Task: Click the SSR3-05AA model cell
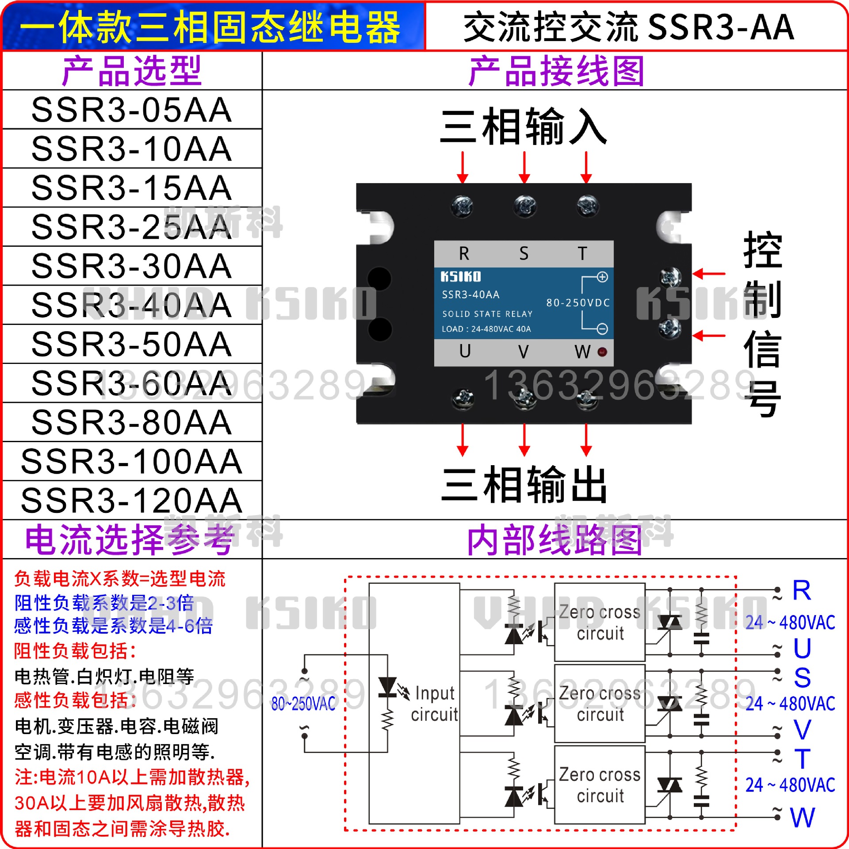pyautogui.click(x=132, y=110)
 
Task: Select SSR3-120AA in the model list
pyautogui.click(x=132, y=501)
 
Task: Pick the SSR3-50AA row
pyautogui.click(x=132, y=344)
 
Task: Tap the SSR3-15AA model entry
pyautogui.click(x=132, y=188)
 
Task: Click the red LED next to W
pyautogui.click(x=602, y=352)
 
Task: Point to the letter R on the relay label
pyautogui.click(x=464, y=254)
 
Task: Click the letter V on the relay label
pyautogui.click(x=523, y=352)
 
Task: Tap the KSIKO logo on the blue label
pyautogui.click(x=460, y=277)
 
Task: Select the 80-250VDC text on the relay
pyautogui.click(x=578, y=303)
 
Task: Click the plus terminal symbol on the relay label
pyautogui.click(x=602, y=277)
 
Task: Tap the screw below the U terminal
pyautogui.click(x=463, y=398)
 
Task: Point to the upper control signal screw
pyautogui.click(x=670, y=277)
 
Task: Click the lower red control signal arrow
pyautogui.click(x=709, y=336)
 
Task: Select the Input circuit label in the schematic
pyautogui.click(x=434, y=704)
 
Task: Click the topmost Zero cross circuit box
pyautogui.click(x=600, y=622)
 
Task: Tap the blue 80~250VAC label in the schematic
pyautogui.click(x=303, y=704)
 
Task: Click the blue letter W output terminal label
pyautogui.click(x=803, y=818)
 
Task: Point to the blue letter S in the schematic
pyautogui.click(x=802, y=678)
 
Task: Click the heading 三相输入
pyautogui.click(x=524, y=127)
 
